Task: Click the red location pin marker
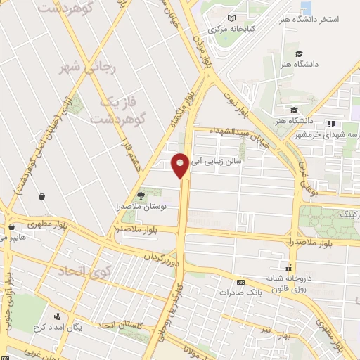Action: [x=180, y=166]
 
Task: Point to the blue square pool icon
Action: [x=306, y=7]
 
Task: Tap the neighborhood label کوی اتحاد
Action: [x=80, y=271]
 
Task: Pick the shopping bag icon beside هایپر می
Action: [x=11, y=227]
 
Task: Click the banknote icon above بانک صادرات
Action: [x=240, y=281]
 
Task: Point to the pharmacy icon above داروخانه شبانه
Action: [x=287, y=267]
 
